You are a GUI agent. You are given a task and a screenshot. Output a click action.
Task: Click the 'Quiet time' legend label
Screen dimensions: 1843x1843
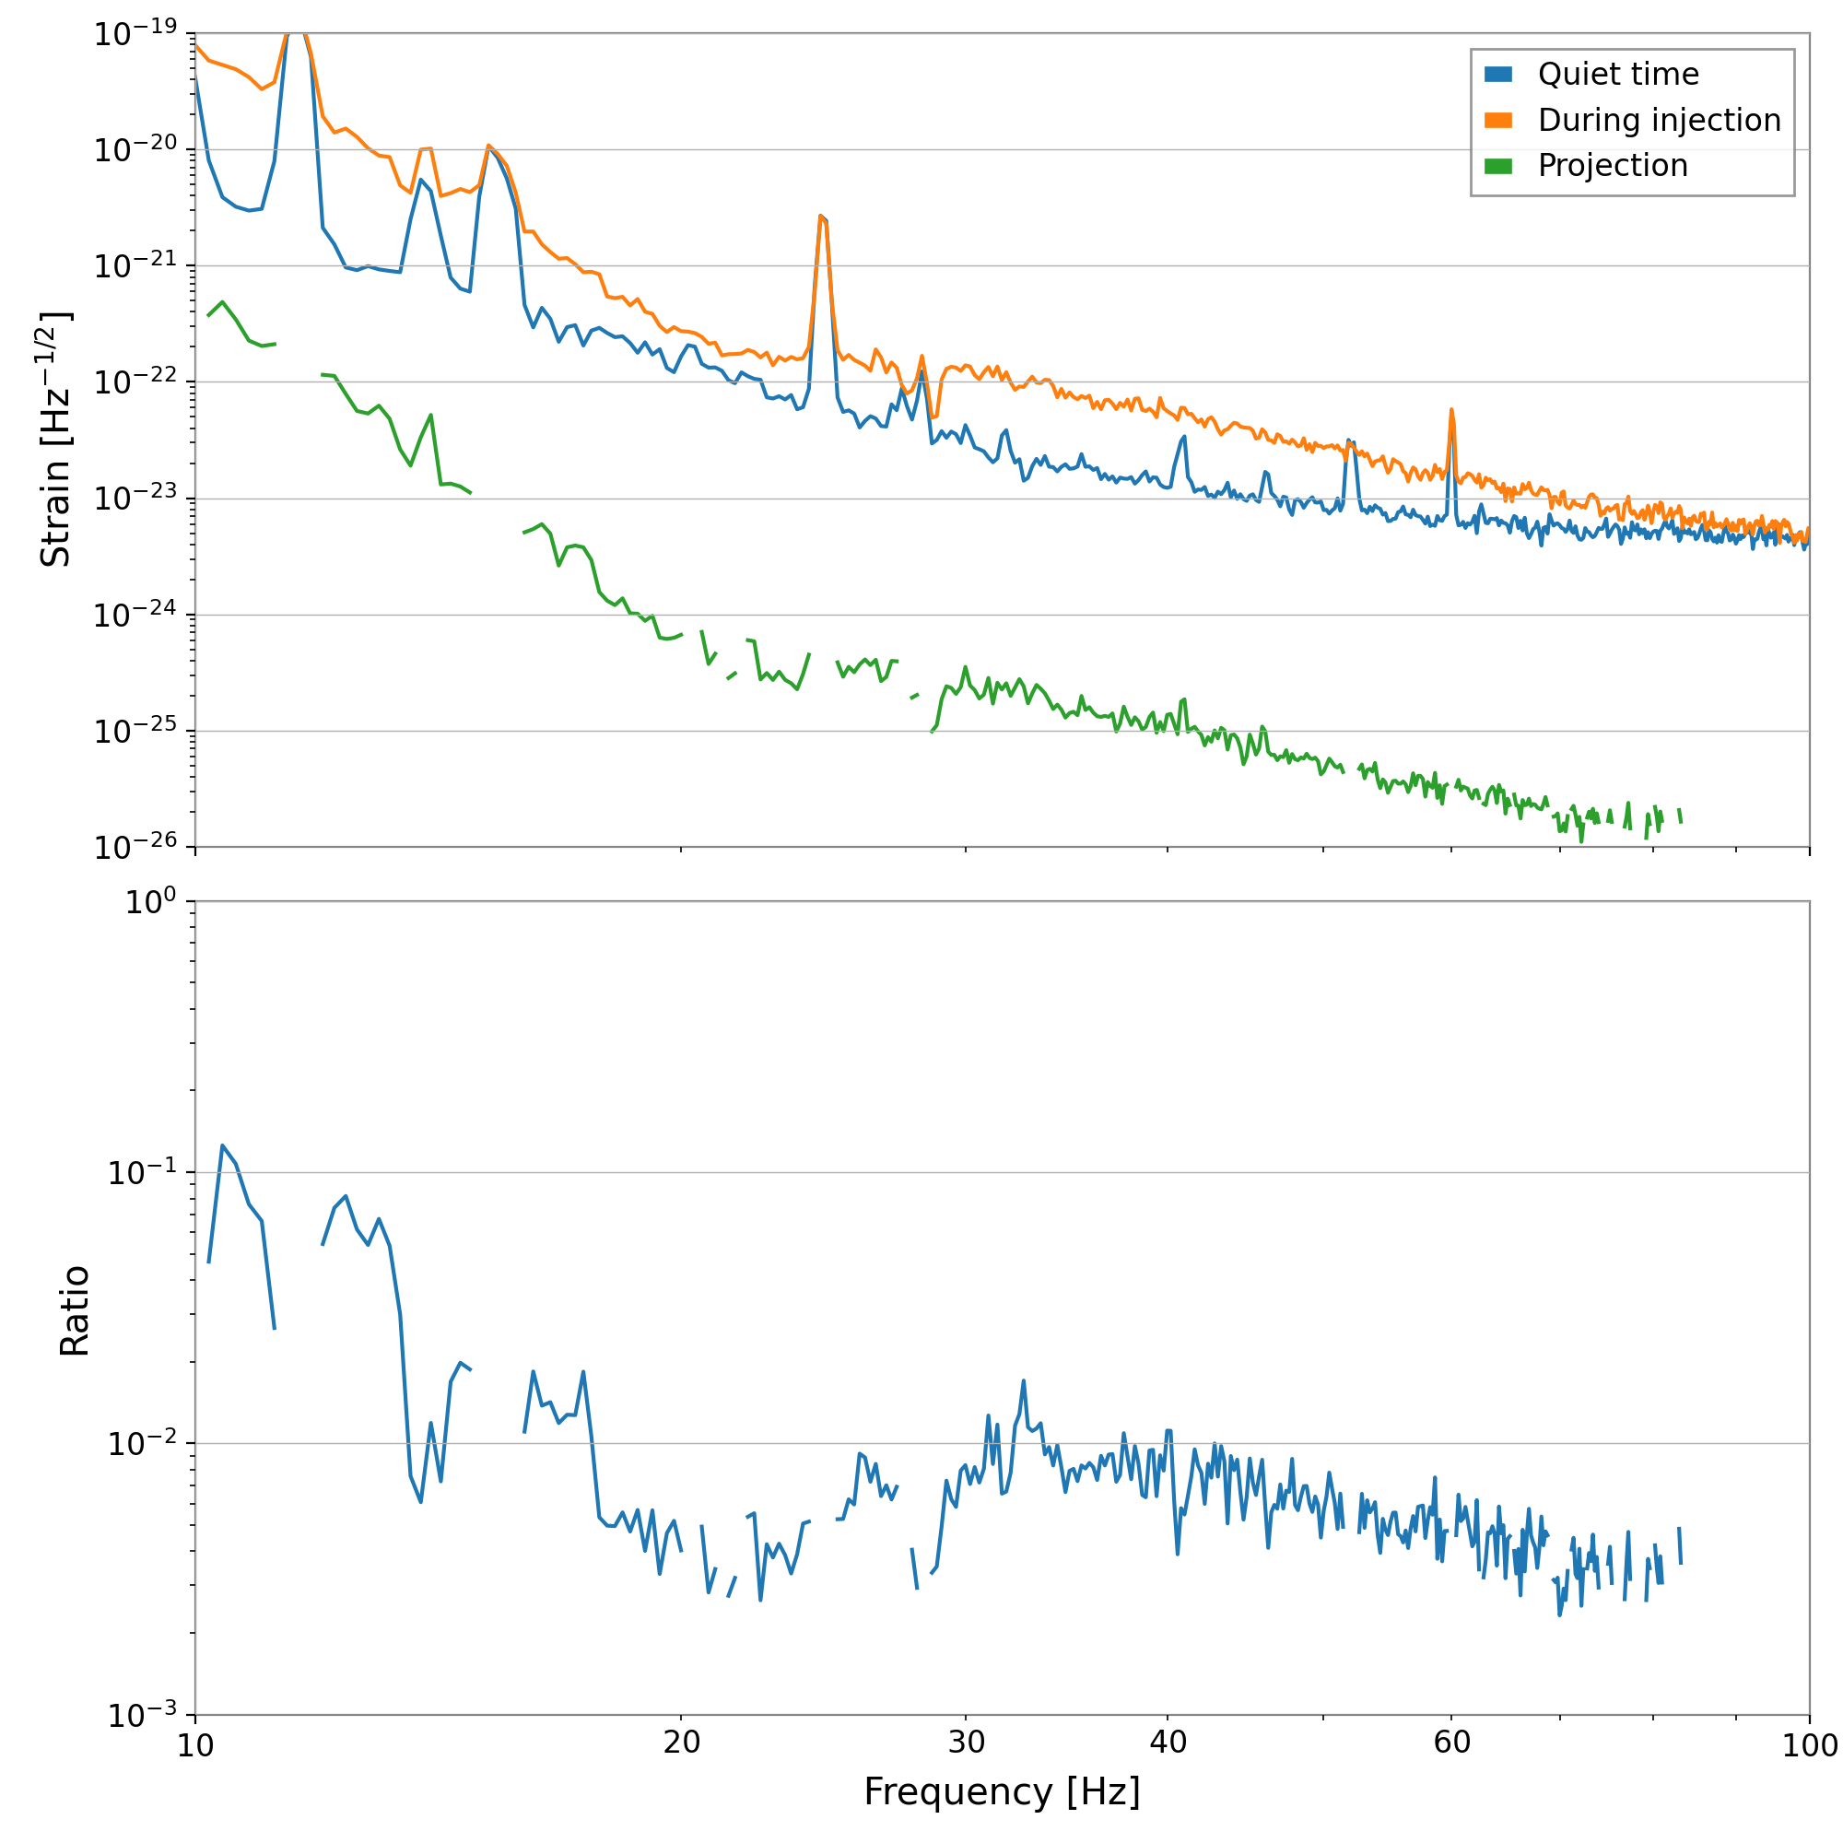1618,75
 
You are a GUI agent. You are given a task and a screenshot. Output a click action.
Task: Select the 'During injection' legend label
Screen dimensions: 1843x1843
1659,120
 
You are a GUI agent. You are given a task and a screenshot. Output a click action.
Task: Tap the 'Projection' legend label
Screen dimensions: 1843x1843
1612,166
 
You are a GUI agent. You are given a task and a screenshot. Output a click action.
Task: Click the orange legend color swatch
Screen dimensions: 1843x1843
1498,120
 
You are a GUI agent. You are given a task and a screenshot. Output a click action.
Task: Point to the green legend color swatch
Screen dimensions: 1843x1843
1498,166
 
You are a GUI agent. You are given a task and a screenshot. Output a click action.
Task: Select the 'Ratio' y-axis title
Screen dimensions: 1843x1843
75,1311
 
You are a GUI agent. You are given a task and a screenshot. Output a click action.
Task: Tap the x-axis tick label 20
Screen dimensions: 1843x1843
681,1743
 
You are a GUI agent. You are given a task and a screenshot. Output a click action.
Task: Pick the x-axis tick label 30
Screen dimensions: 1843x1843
966,1743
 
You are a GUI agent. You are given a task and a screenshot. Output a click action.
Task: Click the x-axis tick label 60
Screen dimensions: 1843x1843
1451,1743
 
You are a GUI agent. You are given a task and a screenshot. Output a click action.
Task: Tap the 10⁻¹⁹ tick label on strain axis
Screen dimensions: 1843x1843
135,33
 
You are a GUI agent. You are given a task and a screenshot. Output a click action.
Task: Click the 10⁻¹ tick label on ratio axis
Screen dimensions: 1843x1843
142,1172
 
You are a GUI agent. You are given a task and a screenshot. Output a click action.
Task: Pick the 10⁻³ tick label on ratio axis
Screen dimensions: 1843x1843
142,1715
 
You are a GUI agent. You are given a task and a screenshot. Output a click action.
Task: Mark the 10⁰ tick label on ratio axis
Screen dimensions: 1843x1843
151,901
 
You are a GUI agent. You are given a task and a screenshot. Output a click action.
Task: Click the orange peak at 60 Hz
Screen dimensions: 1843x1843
1451,410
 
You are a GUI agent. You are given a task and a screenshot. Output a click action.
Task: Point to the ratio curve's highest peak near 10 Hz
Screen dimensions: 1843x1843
222,1145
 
